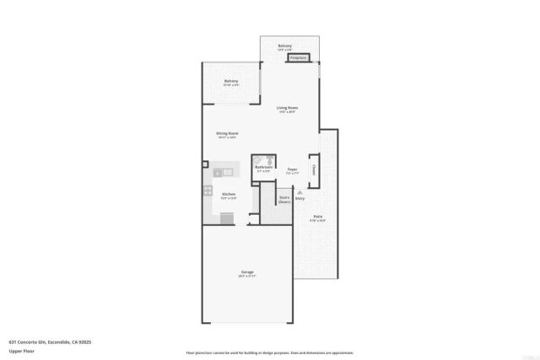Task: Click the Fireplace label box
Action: pos(298,58)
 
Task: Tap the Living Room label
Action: pos(288,108)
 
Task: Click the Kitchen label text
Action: pos(228,194)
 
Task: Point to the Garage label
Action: pos(247,271)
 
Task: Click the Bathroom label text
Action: pos(263,168)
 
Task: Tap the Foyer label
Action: pos(292,169)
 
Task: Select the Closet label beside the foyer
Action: pos(314,168)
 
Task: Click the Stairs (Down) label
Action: pos(284,200)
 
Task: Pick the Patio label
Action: pos(318,217)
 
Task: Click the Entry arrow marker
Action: pos(299,192)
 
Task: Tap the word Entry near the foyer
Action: pos(300,199)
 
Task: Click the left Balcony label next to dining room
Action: pos(230,81)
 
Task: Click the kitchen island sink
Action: pos(218,173)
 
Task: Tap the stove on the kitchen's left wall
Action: pos(207,191)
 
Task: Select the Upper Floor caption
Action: pos(20,350)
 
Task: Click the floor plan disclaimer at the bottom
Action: pos(269,352)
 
